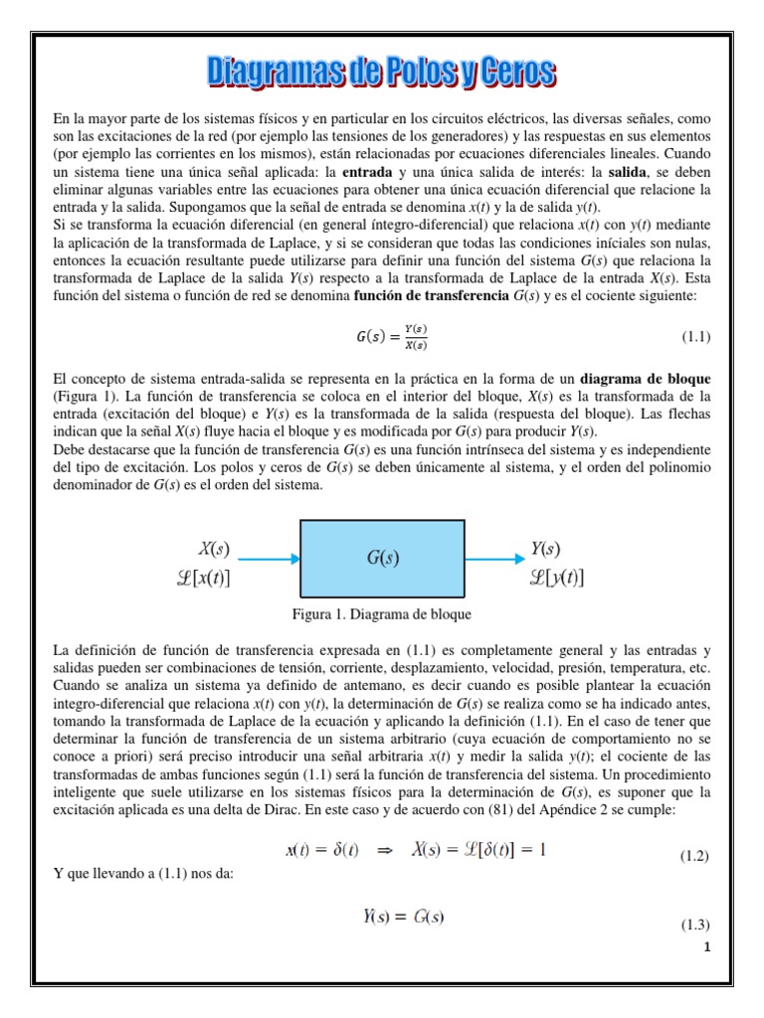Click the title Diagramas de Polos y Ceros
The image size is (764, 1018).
point(382,73)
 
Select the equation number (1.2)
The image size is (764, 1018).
point(693,856)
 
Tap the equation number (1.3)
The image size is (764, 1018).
point(693,926)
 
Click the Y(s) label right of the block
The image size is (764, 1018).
point(545,547)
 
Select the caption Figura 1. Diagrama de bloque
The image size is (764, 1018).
point(381,613)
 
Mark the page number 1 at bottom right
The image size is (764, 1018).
point(705,946)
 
